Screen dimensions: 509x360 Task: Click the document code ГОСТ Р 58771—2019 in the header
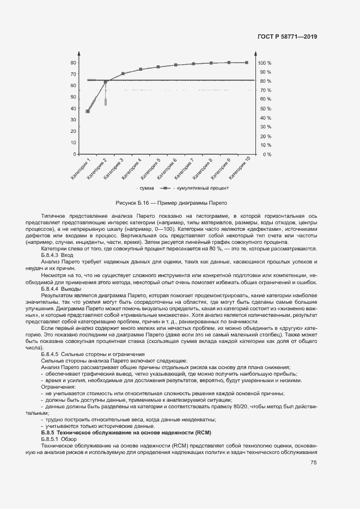(287, 37)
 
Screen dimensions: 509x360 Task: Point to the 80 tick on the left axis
(73, 63)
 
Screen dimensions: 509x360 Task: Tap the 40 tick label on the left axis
(73, 108)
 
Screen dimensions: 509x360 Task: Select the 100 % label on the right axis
(265, 63)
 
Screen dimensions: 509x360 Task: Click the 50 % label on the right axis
(265, 109)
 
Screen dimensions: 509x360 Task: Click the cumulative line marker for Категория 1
(88, 111)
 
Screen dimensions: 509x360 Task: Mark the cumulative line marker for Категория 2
(105, 82)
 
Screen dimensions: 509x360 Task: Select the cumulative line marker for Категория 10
(246, 63)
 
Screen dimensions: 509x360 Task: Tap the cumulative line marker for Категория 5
(158, 67)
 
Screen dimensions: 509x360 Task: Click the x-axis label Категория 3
(115, 168)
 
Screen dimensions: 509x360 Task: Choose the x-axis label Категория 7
(186, 168)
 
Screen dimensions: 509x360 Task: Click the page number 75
(313, 463)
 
